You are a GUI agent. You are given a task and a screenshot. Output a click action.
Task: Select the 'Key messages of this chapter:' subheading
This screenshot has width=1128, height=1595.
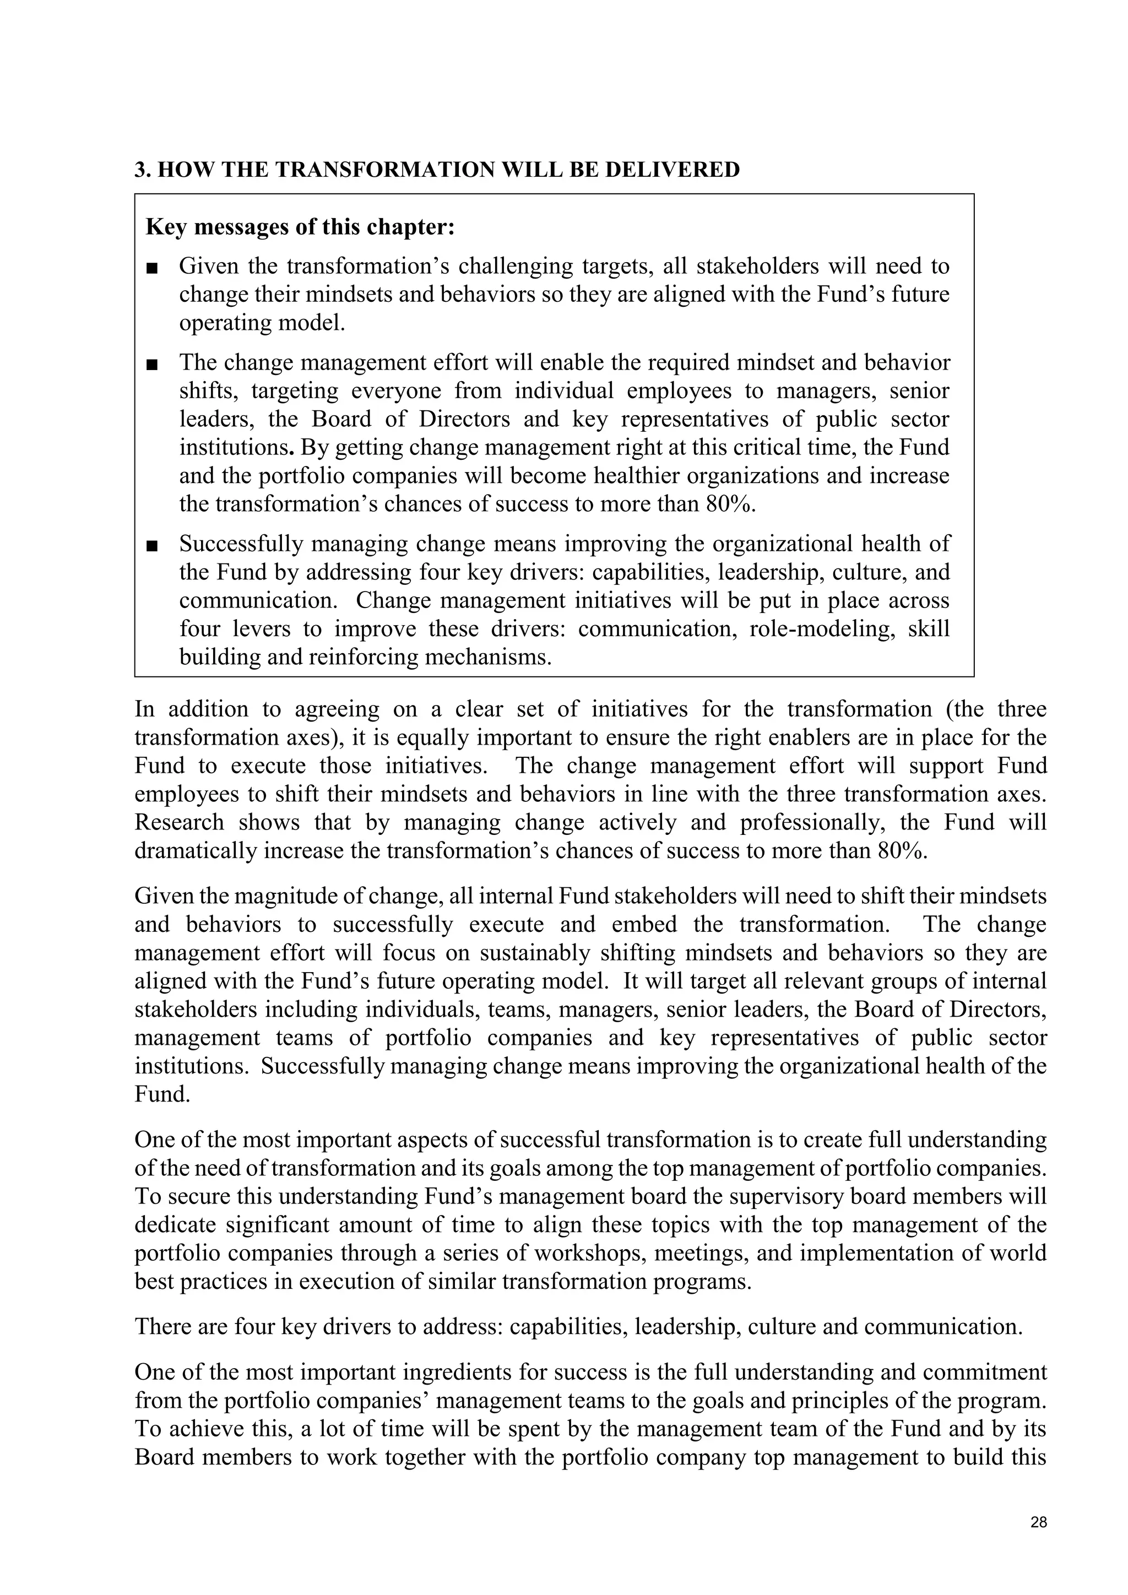point(300,227)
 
